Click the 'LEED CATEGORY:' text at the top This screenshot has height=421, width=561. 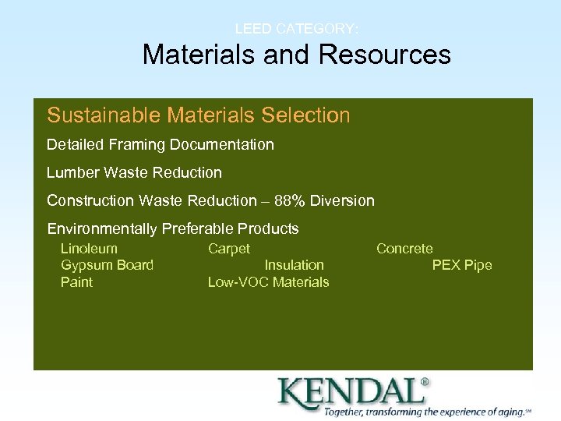pyautogui.click(x=297, y=29)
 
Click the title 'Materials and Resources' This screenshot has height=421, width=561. pyautogui.click(x=296, y=55)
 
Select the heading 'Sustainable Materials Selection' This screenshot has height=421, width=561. pyautogui.click(x=198, y=115)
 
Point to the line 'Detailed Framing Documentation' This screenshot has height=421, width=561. pyautogui.click(x=160, y=145)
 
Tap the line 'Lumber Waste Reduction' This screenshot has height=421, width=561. pyautogui.click(x=134, y=173)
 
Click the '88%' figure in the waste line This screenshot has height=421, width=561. pyautogui.click(x=290, y=201)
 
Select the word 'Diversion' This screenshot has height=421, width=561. pyautogui.click(x=342, y=201)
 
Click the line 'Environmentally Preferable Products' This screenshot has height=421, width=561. pyautogui.click(x=172, y=229)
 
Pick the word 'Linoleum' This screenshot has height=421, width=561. pyautogui.click(x=89, y=249)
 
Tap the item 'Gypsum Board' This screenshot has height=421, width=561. pyautogui.click(x=107, y=265)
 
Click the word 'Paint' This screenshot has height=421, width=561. pyautogui.click(x=76, y=282)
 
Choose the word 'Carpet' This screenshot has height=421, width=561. pyautogui.click(x=228, y=249)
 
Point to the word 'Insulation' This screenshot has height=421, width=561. pyautogui.click(x=294, y=265)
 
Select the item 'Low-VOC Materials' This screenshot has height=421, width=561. pyautogui.click(x=268, y=282)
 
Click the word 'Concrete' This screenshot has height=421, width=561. pyautogui.click(x=404, y=249)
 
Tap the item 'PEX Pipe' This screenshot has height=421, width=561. pyautogui.click(x=462, y=265)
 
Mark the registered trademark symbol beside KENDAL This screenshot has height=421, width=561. pyautogui.click(x=425, y=382)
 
